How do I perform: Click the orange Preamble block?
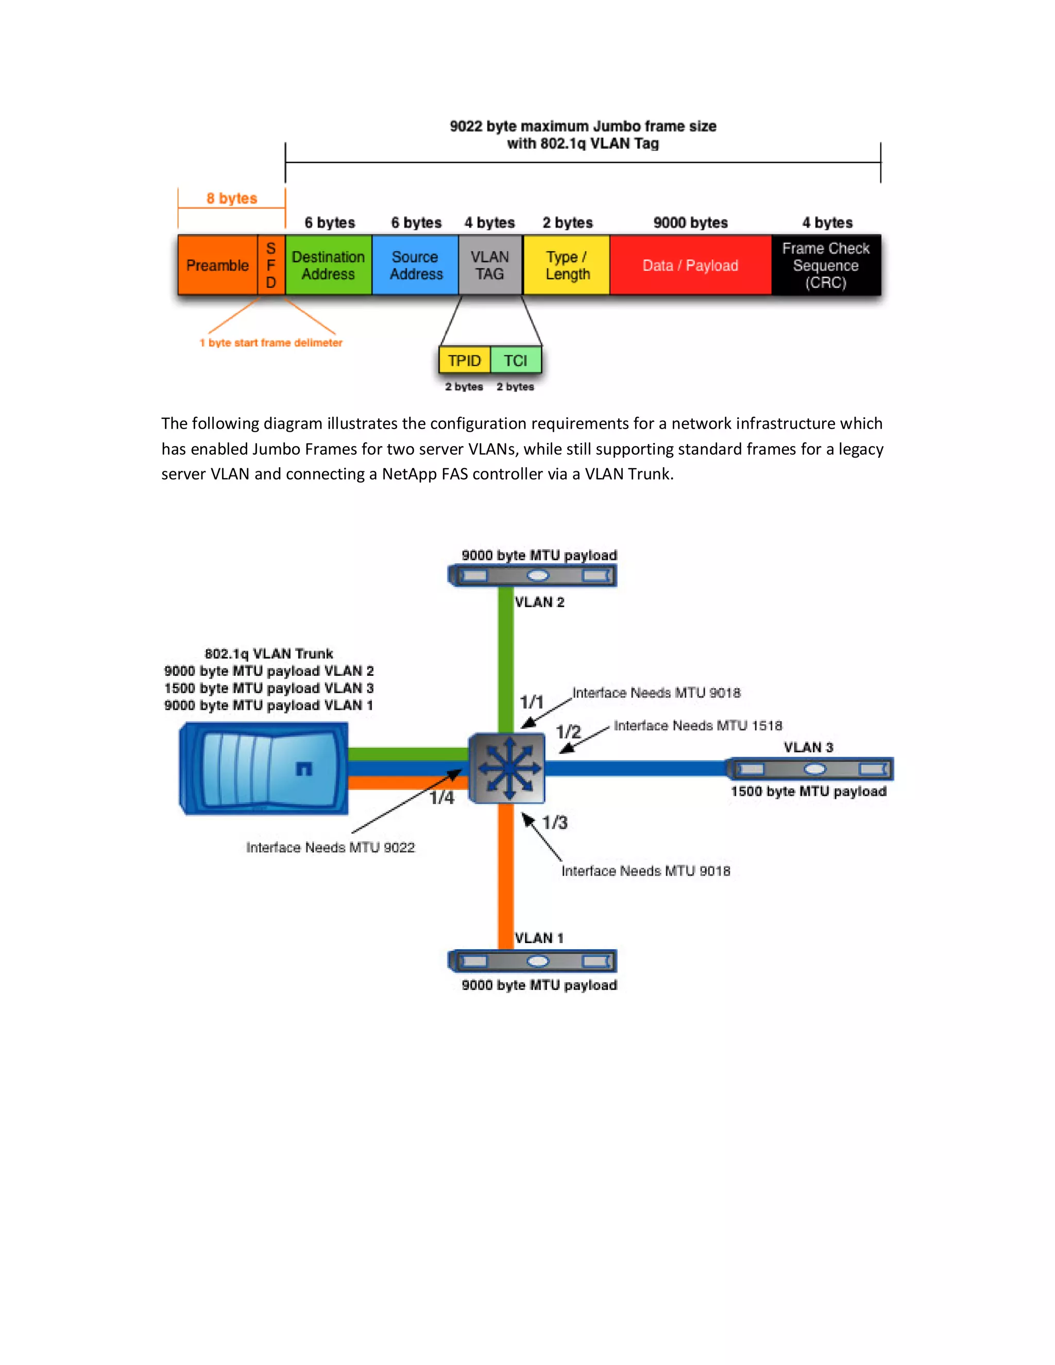pyautogui.click(x=217, y=265)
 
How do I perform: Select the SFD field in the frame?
pyautogui.click(x=271, y=265)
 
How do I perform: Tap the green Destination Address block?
pyautogui.click(x=328, y=265)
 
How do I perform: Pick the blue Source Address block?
pyautogui.click(x=415, y=265)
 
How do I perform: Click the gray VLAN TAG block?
pyautogui.click(x=490, y=265)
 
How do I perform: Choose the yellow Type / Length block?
pyautogui.click(x=566, y=265)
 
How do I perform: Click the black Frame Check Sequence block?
pyautogui.click(x=826, y=265)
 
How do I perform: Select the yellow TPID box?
pyautogui.click(x=464, y=361)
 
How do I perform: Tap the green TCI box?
pyautogui.click(x=516, y=361)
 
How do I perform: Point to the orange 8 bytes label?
pyautogui.click(x=231, y=198)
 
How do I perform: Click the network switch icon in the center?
pyautogui.click(x=507, y=768)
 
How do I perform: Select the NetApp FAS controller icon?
pyautogui.click(x=264, y=768)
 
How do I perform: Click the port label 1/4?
pyautogui.click(x=441, y=797)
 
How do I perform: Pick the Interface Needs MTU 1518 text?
pyautogui.click(x=697, y=726)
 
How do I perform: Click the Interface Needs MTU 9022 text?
pyautogui.click(x=330, y=847)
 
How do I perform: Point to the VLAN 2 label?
pyautogui.click(x=539, y=602)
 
